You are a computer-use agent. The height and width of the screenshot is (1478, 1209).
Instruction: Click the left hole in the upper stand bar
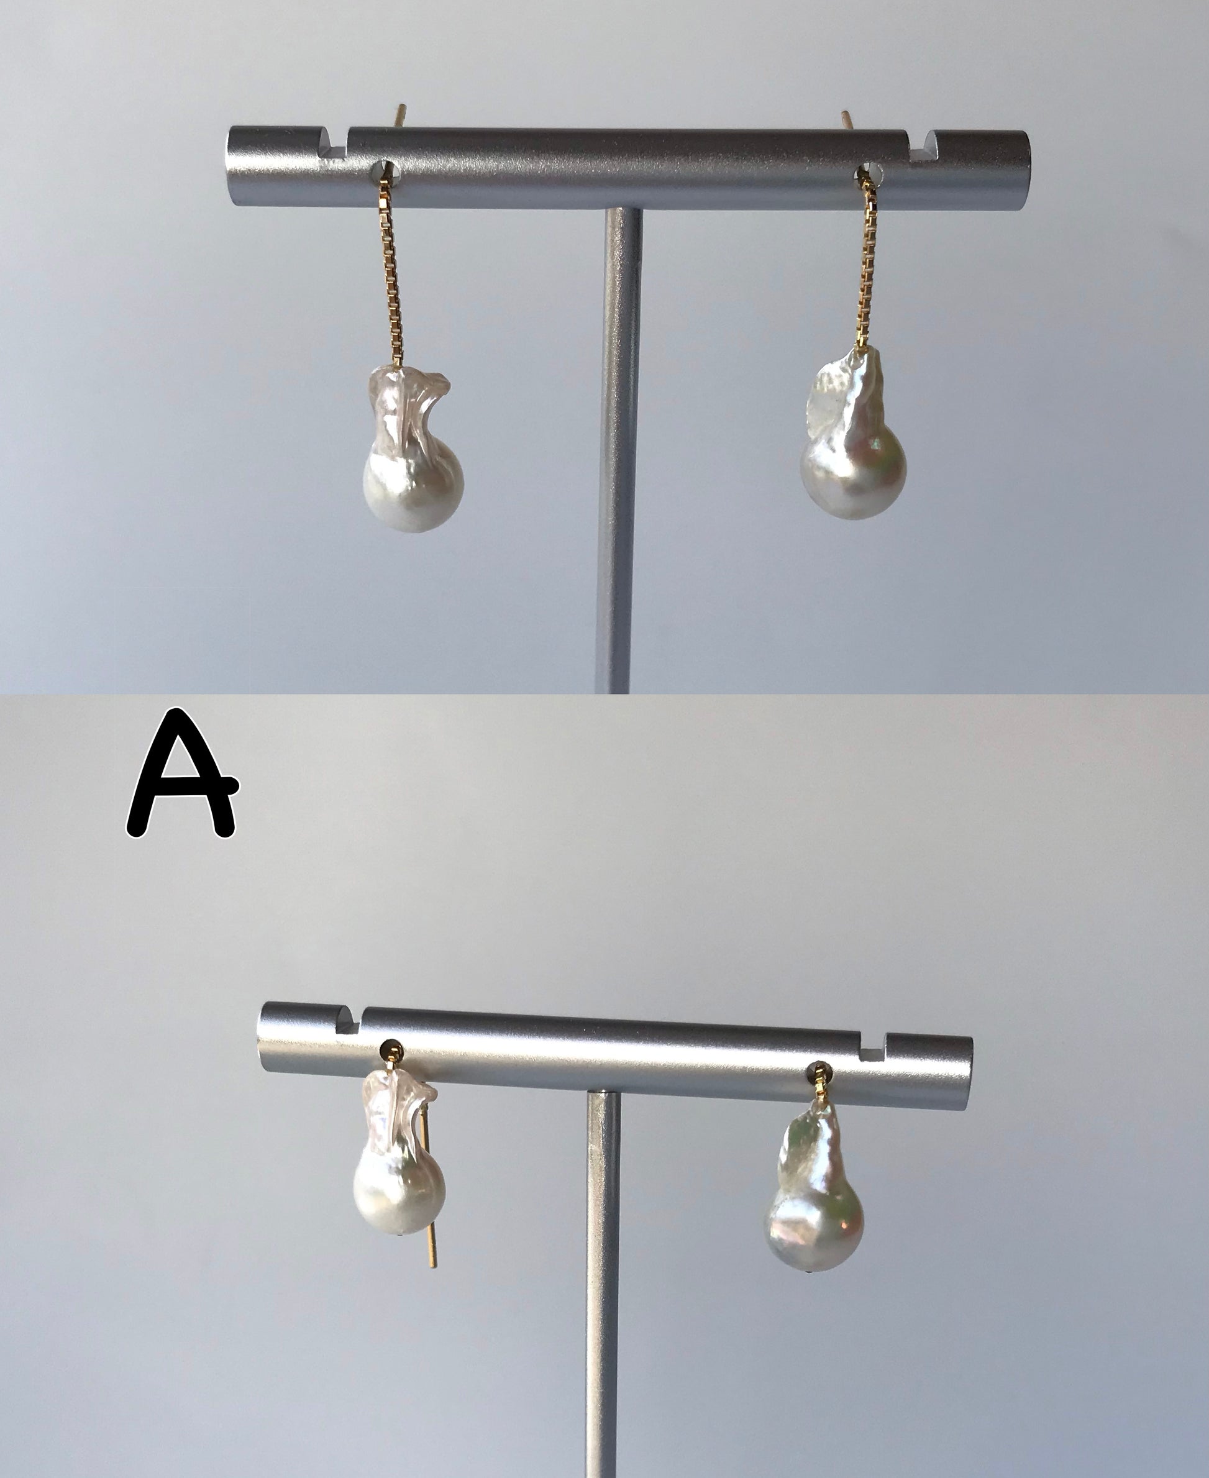point(385,168)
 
